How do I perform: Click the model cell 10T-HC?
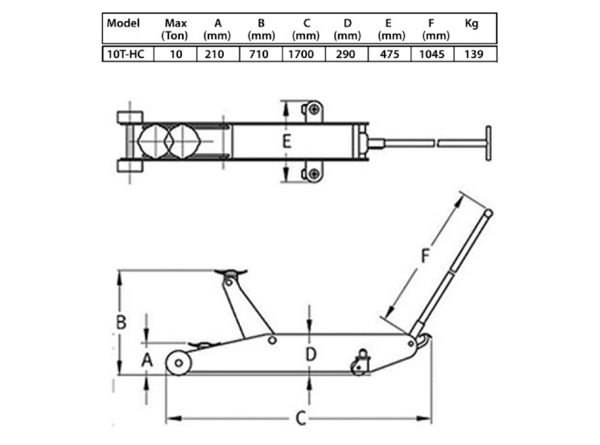tap(126, 54)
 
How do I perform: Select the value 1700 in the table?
tap(301, 54)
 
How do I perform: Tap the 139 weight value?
tap(474, 54)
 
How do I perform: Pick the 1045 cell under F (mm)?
tap(432, 54)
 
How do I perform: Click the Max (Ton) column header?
tap(175, 29)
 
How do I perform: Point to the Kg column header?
tap(471, 23)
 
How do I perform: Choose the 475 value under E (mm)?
tap(389, 54)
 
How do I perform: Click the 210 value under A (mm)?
tap(214, 54)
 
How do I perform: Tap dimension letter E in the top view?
tap(286, 141)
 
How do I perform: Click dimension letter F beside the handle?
tap(425, 256)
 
